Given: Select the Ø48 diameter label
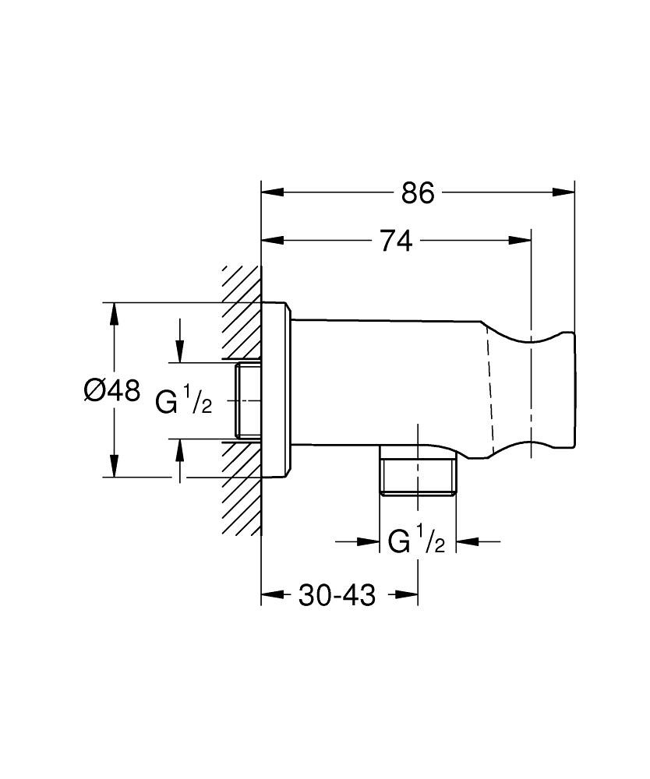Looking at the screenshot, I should click(111, 389).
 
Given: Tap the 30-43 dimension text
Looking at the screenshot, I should click(337, 596).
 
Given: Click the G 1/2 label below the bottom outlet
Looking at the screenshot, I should click(417, 541).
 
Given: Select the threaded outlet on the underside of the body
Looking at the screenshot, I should click(419, 474).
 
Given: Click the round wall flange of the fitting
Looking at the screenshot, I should click(276, 389).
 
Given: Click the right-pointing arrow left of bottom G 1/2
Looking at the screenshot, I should click(367, 541).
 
